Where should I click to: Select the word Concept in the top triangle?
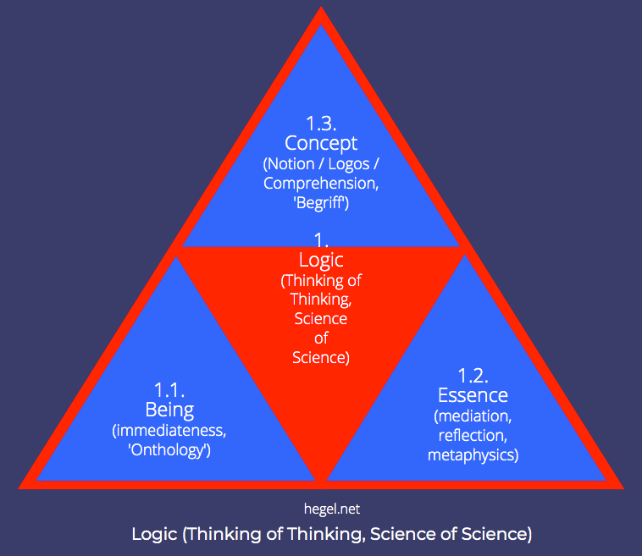tap(321, 143)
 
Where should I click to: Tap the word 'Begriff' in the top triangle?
tap(321, 202)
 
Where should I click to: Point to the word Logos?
tap(356, 163)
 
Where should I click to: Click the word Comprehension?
tap(318, 183)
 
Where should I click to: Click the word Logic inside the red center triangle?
tap(321, 260)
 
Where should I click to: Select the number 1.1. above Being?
tap(169, 390)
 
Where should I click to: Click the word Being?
tap(169, 410)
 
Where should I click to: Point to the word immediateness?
tap(169, 431)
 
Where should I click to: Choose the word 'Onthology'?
tap(169, 450)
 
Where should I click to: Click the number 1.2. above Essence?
tap(473, 375)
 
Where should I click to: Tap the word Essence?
tap(473, 395)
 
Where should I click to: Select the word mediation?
tap(473, 416)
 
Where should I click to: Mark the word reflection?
tap(473, 435)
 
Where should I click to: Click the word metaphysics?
tap(473, 455)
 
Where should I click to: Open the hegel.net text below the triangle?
tap(320, 509)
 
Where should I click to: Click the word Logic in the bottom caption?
tap(155, 534)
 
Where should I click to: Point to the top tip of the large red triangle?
tap(321, 10)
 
